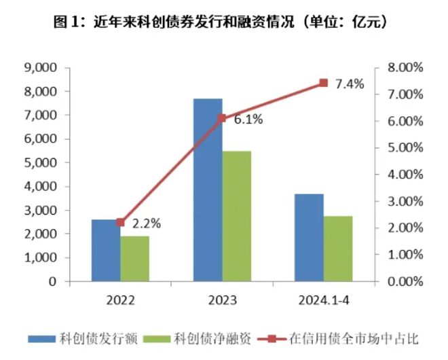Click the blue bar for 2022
point(106,250)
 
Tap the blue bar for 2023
point(208,190)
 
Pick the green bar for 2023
point(236,216)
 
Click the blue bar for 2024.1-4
point(309,237)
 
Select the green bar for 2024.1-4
point(337,248)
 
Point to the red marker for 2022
point(121,222)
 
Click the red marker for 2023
point(221,118)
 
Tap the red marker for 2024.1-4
point(323,83)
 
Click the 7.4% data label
point(350,84)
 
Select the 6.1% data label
point(248,120)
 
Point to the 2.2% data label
point(146,222)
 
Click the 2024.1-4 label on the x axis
point(323,300)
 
